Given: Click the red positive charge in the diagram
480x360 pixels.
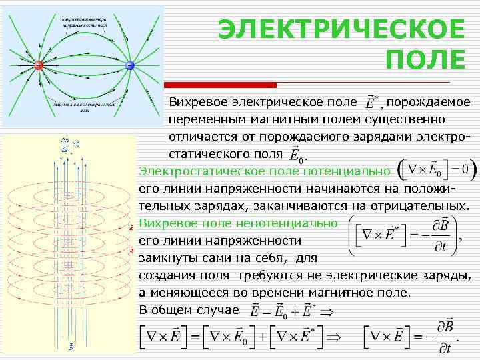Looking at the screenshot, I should [x=38, y=65].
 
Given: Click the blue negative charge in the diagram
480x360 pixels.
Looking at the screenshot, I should [x=130, y=65].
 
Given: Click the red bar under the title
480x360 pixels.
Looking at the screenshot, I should [x=220, y=85].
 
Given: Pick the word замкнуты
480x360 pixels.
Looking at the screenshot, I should [x=169, y=257].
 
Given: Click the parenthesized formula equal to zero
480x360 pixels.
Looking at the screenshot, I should [x=437, y=169].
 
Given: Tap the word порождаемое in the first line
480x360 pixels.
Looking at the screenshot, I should [x=429, y=102].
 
